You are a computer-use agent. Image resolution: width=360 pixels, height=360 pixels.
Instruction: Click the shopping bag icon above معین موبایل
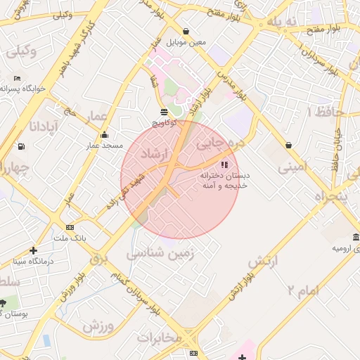[186, 31]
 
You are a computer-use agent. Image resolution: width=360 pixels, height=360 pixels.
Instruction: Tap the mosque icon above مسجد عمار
[105, 134]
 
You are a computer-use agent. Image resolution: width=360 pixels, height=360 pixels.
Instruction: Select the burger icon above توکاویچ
[164, 112]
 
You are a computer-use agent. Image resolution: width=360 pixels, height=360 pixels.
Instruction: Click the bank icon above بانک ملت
[70, 227]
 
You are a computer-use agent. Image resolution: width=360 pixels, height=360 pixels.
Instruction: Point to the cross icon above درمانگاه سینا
[33, 250]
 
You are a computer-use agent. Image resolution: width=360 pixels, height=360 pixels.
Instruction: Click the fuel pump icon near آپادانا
[22, 146]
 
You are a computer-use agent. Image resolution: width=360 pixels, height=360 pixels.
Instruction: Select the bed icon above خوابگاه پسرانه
[17, 78]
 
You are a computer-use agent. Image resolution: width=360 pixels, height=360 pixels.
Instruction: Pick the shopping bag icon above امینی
[288, 146]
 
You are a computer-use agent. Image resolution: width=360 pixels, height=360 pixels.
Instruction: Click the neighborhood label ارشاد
[155, 154]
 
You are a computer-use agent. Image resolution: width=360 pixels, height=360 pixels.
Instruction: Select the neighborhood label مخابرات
[160, 338]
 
